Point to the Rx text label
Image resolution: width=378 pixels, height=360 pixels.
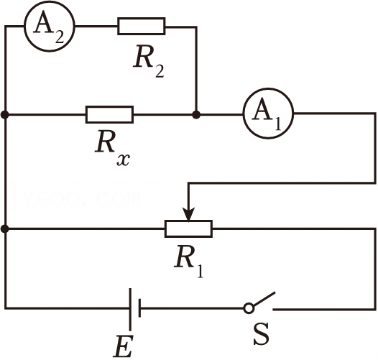coord(112,147)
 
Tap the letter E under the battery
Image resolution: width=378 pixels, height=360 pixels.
coord(124,346)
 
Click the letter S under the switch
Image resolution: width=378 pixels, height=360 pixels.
coord(262,333)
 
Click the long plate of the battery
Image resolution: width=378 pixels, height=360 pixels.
coord(130,309)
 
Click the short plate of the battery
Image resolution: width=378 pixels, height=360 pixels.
coord(139,308)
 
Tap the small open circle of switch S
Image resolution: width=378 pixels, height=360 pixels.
coord(249,308)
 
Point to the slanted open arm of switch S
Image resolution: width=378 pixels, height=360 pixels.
coord(264,298)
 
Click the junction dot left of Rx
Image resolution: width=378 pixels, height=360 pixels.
coord(5,114)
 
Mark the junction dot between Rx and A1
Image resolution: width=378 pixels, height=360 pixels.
coord(196,114)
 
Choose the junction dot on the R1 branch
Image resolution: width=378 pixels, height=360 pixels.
coord(5,229)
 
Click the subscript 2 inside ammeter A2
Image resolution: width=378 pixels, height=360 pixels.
coord(60,37)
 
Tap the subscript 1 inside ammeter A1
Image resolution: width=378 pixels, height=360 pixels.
coord(278,124)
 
